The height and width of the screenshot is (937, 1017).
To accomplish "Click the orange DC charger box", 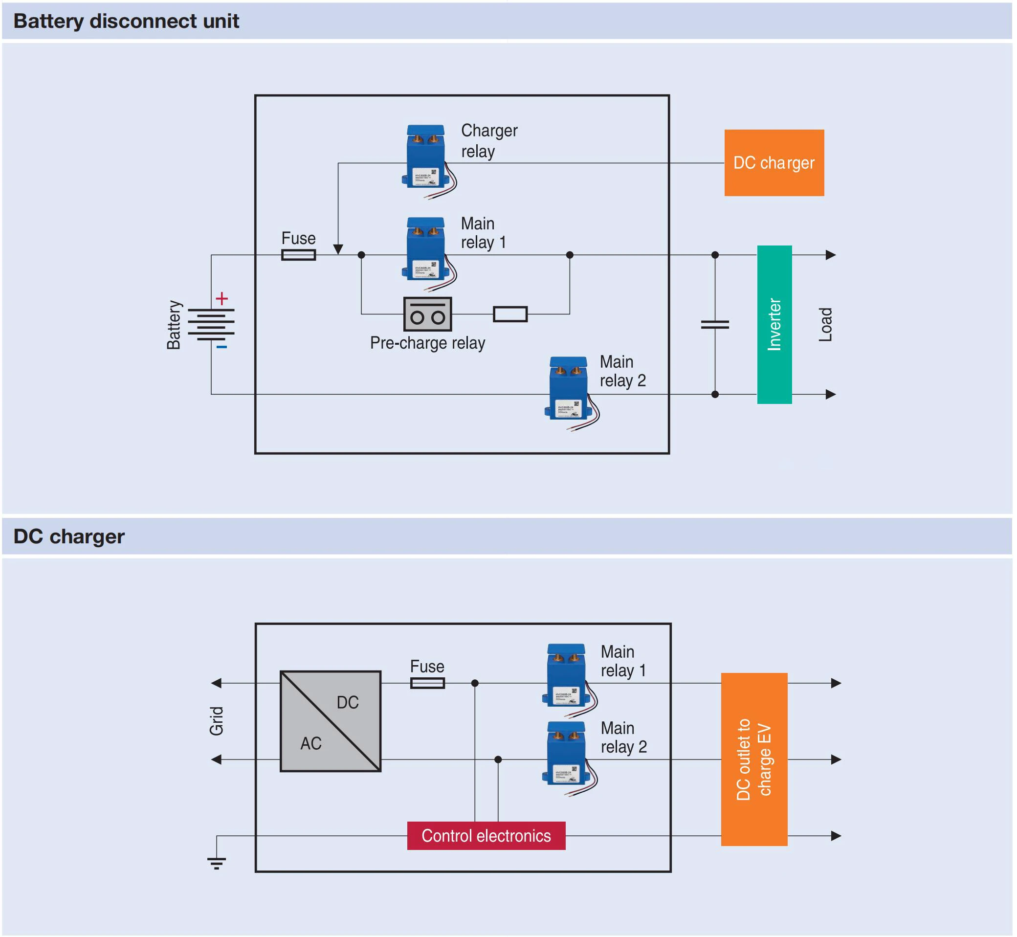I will coord(774,163).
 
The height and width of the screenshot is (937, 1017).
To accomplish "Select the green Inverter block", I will coord(774,325).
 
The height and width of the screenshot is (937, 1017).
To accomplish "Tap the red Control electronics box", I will coord(486,836).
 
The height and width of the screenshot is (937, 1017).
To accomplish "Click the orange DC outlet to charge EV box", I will coord(754,759).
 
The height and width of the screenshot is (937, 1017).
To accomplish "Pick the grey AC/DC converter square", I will coord(331,721).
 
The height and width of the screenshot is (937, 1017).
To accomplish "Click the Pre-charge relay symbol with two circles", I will coord(427,314).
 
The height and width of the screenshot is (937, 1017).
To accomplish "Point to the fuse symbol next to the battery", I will coord(299,254).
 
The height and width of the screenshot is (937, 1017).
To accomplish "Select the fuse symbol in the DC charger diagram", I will coord(427,683).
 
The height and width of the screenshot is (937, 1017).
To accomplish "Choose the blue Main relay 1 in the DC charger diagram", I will coord(567,675).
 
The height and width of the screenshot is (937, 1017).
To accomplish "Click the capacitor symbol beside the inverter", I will coord(715,325).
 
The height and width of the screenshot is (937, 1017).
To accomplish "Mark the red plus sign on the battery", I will coord(221,299).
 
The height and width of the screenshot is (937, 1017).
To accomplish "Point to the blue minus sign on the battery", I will coord(221,347).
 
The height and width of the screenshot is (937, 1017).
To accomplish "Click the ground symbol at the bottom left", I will coord(217,863).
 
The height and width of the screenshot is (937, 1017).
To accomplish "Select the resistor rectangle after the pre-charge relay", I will coord(510,314).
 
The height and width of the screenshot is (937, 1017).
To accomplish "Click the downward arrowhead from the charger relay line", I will coord(338,249).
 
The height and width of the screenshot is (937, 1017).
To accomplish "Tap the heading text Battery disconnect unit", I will coord(126,22).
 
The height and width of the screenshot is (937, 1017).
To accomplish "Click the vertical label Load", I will coord(825,325).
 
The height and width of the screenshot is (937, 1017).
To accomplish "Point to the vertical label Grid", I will coord(217,720).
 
